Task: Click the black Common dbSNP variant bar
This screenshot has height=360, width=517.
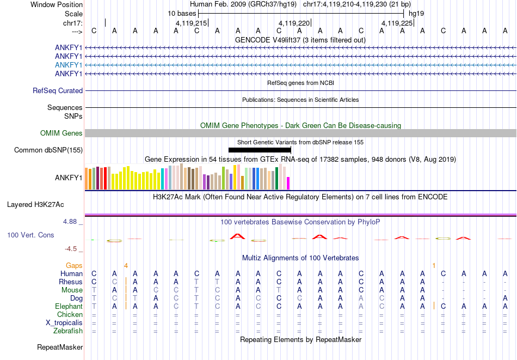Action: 260,150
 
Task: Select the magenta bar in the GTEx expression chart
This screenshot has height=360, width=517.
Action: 288,183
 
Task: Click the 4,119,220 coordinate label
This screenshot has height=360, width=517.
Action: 294,23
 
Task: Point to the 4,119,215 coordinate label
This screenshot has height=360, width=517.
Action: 191,23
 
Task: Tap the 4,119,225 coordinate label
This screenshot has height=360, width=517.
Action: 397,23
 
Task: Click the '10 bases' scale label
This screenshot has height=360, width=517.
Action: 182,13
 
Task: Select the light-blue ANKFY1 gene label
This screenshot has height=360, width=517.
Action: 69,65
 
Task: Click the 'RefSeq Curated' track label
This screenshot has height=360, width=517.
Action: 58,91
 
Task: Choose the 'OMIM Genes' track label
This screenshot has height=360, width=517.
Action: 61,133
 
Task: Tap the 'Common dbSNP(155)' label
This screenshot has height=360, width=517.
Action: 48,150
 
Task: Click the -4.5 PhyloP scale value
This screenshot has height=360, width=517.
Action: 71,249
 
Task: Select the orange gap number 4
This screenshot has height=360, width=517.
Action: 126,265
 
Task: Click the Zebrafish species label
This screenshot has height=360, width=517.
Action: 68,331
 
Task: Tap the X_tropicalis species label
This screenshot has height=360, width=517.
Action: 64,322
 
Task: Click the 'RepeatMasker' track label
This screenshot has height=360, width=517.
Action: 60,347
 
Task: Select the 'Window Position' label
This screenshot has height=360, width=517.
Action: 57,4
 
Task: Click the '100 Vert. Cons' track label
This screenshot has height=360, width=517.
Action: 30,235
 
